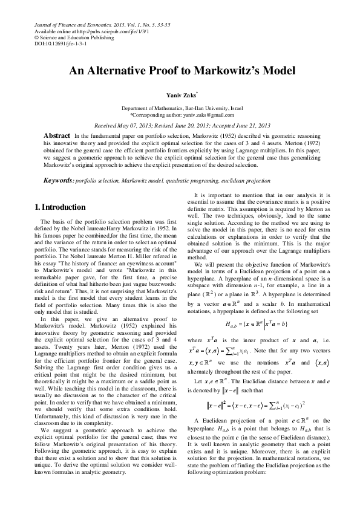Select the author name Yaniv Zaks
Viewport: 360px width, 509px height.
click(181, 96)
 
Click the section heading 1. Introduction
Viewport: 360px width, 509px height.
click(63, 208)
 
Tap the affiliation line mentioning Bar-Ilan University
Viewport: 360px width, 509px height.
click(182, 108)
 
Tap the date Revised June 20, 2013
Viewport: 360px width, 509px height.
click(183, 125)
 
